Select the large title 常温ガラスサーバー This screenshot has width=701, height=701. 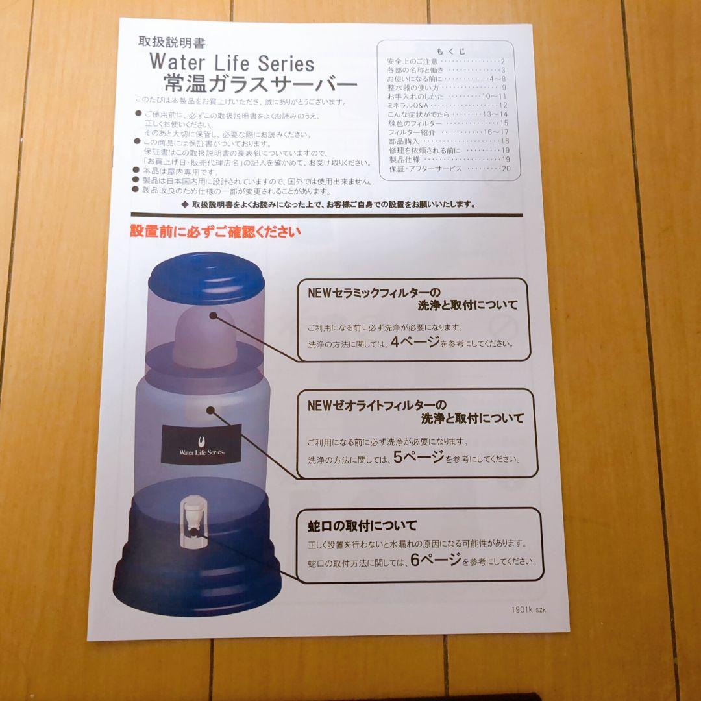pyautogui.click(x=260, y=84)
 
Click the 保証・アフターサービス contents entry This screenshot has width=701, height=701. pyautogui.click(x=426, y=168)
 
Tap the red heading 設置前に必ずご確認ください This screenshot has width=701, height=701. pyautogui.click(x=215, y=232)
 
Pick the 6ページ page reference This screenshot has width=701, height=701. pyautogui.click(x=436, y=560)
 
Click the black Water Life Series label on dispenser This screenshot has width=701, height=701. pyautogui.click(x=201, y=444)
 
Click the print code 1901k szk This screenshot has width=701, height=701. pyautogui.click(x=528, y=609)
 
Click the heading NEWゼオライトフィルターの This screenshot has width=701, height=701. pyautogui.click(x=376, y=405)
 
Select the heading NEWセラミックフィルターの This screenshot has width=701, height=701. pyautogui.click(x=374, y=292)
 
